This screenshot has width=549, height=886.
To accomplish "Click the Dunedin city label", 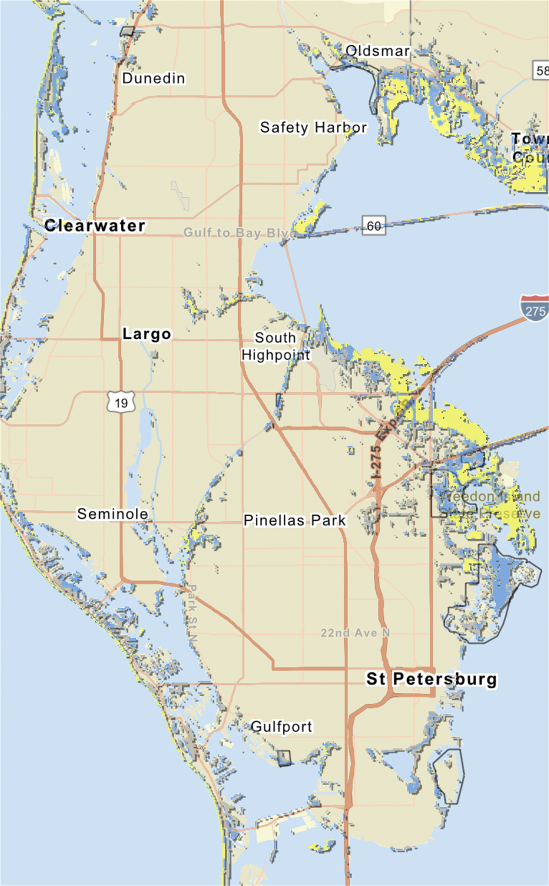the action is (x=154, y=78).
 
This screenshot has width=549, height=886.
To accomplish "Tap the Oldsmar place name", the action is (x=377, y=51).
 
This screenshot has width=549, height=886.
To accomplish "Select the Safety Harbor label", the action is (x=313, y=127).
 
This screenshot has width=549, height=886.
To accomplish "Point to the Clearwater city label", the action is (x=95, y=225).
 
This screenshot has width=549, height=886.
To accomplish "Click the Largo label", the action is (x=146, y=334).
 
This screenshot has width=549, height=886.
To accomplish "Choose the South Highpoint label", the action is (x=275, y=346).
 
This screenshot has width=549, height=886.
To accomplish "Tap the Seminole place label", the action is (x=113, y=513).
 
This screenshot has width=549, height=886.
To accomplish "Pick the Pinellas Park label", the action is (x=295, y=520).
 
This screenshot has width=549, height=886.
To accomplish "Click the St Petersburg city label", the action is (x=431, y=679).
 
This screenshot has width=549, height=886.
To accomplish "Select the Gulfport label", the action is (x=281, y=726).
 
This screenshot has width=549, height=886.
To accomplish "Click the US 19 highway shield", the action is (x=121, y=403).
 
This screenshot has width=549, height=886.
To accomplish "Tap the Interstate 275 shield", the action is (x=535, y=309).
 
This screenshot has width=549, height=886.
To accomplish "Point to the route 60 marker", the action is (x=374, y=226).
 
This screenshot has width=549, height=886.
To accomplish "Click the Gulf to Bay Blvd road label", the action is (x=240, y=233).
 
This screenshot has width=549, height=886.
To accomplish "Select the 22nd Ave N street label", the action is (x=355, y=632).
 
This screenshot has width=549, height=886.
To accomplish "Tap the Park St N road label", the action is (x=192, y=613).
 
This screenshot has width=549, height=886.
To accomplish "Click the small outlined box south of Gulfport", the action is (x=284, y=758).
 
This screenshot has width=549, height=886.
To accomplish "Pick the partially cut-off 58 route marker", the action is (x=541, y=70).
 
